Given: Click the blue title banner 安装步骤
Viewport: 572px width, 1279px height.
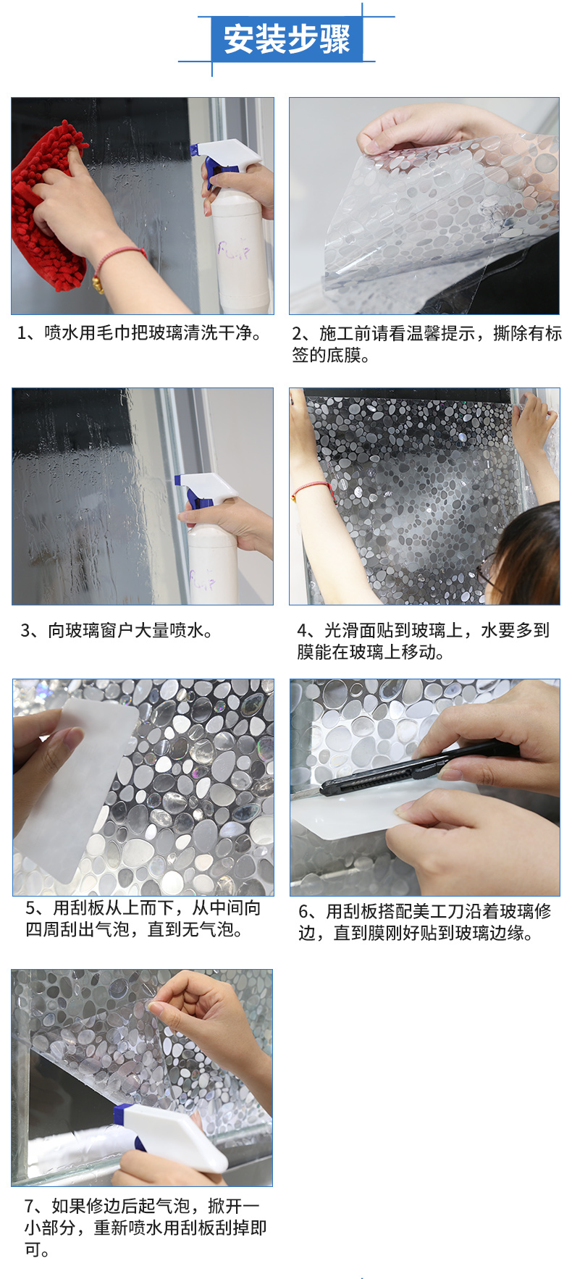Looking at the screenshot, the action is pyautogui.click(x=287, y=39).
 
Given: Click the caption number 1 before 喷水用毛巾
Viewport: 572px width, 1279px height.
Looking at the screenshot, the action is pyautogui.click(x=23, y=333).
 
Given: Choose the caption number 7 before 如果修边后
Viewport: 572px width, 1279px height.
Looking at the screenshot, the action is pyautogui.click(x=29, y=1206).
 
